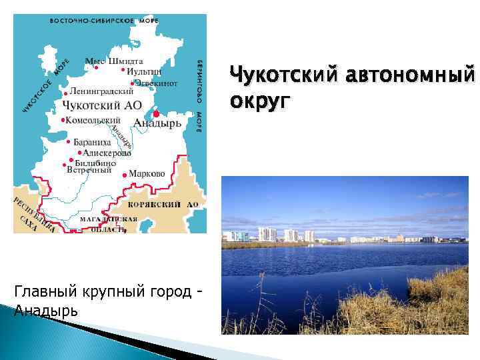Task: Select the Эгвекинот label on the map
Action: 156,83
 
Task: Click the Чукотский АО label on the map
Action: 102,105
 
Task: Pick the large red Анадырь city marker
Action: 156,113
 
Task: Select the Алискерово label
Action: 107,153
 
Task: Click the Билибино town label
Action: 97,162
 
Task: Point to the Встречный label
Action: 89,170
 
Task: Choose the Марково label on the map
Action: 147,173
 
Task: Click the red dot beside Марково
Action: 125,175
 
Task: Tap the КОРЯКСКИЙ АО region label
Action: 163,205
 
